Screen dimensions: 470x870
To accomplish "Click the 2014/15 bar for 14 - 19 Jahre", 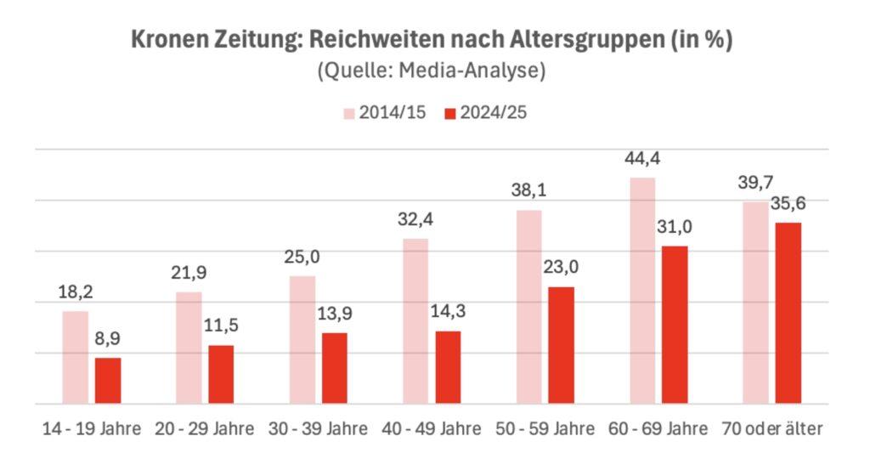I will tap(76, 357).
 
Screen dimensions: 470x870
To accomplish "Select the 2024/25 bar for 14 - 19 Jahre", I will tap(108, 381).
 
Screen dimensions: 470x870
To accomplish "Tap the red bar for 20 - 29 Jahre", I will tap(221, 374).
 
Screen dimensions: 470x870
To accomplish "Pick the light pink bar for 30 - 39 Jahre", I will tap(302, 339).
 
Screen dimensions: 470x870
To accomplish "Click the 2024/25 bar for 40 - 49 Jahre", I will tap(448, 367).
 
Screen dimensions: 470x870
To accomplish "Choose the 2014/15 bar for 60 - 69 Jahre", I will tap(642, 290).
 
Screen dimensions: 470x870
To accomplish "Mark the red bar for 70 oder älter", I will tap(788, 313).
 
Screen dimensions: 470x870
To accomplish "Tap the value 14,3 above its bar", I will tap(448, 312).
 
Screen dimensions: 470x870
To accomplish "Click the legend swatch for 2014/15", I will tap(348, 113).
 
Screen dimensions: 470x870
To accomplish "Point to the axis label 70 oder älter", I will tap(771, 429).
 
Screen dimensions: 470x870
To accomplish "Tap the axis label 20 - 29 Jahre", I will tap(204, 429).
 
